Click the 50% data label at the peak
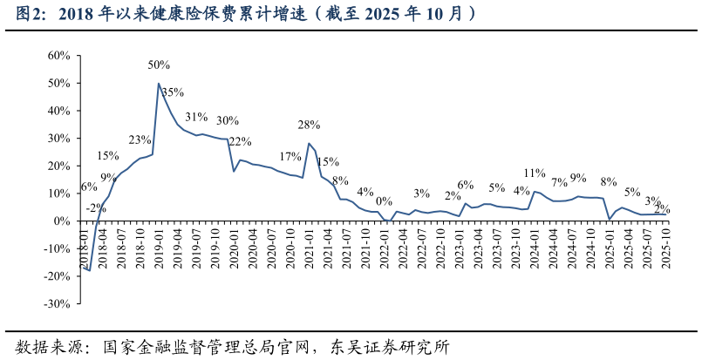click(x=159, y=65)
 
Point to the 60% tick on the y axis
click(x=58, y=56)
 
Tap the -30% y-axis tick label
click(x=56, y=304)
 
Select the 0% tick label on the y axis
click(x=61, y=221)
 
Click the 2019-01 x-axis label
click(x=159, y=247)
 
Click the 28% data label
click(x=309, y=125)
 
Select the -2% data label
click(x=96, y=208)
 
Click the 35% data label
click(x=173, y=92)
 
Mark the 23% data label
click(x=140, y=139)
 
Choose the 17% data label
click(x=290, y=157)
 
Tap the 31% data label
click(x=196, y=117)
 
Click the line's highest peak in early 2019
click(x=159, y=84)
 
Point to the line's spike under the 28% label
click(x=309, y=144)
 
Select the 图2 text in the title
click(x=30, y=14)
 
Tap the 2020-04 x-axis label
click(x=253, y=247)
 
